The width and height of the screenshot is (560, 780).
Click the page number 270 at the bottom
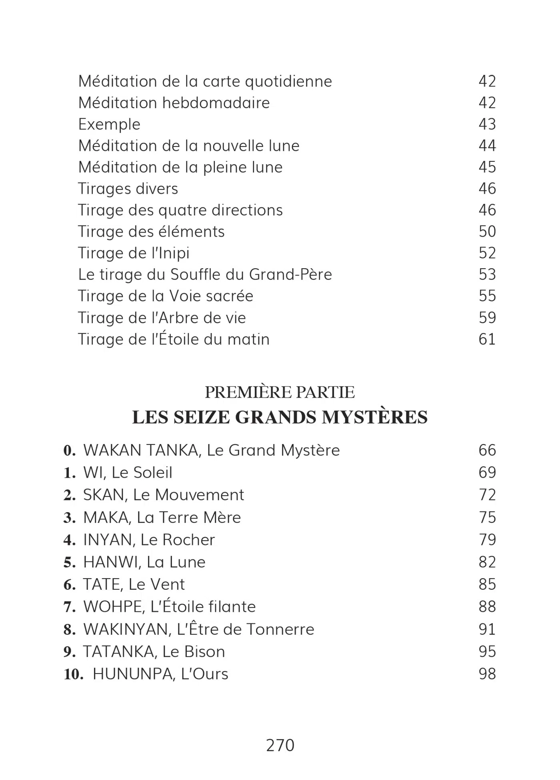[280, 746]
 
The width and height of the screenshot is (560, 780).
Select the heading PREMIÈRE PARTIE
[280, 392]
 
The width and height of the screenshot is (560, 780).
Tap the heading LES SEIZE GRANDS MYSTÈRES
[280, 417]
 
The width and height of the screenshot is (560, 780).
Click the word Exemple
[109, 125]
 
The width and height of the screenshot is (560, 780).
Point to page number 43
[487, 124]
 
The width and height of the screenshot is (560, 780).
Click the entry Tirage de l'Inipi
[134, 253]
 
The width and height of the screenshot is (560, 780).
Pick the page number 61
[487, 339]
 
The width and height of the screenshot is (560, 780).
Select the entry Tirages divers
[128, 189]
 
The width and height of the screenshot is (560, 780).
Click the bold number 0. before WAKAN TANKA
[70, 450]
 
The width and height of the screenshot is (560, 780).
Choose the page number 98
[487, 674]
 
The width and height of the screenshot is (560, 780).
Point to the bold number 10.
[73, 674]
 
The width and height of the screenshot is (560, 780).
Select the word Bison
[204, 652]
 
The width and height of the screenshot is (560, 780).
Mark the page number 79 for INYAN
[487, 540]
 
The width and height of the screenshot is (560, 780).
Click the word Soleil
[154, 473]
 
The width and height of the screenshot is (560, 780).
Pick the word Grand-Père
[290, 275]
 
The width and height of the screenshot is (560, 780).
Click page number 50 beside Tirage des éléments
[487, 231]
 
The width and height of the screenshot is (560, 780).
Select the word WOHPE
[113, 607]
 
